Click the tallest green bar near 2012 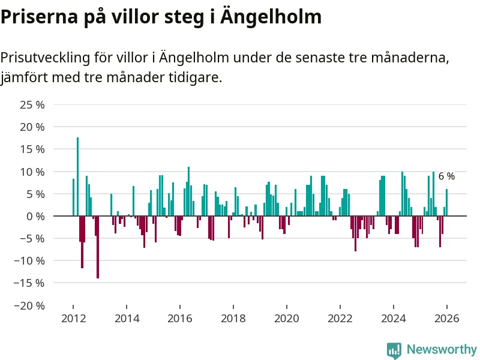[x=77, y=176]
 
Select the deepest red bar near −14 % [x=98, y=247]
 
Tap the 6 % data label [x=446, y=176]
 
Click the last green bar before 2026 [x=446, y=203]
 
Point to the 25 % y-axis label [x=32, y=105]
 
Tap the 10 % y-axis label [x=32, y=172]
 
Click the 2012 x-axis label [x=73, y=319]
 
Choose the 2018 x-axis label [x=233, y=319]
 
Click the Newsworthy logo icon [x=394, y=350]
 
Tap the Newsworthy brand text [x=442, y=350]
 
